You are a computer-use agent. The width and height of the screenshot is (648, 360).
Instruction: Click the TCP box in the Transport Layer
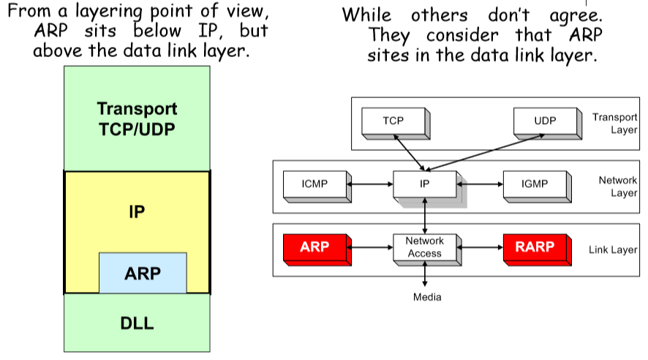(x=393, y=121)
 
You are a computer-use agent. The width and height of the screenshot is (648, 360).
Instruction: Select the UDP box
(x=545, y=121)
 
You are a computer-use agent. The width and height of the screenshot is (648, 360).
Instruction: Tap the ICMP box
(x=314, y=184)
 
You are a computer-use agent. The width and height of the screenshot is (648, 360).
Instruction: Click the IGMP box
(x=535, y=184)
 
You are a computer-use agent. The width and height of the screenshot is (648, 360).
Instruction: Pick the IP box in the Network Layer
(x=424, y=184)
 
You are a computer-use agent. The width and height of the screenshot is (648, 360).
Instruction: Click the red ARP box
(x=314, y=247)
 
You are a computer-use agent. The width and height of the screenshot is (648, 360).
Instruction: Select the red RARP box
(x=535, y=247)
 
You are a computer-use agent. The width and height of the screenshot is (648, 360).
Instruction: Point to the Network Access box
(x=424, y=247)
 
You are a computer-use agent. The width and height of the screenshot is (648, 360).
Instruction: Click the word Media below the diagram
(x=427, y=297)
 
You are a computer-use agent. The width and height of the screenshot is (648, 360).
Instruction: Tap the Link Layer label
(x=613, y=250)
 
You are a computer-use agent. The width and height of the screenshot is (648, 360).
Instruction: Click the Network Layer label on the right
(x=618, y=187)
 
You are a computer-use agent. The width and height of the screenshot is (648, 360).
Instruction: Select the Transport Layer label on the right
(x=615, y=123)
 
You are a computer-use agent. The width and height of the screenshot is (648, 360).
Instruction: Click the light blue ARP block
(x=143, y=273)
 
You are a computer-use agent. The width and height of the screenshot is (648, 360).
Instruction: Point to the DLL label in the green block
(x=137, y=323)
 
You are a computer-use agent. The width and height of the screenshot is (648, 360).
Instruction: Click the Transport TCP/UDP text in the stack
(x=137, y=119)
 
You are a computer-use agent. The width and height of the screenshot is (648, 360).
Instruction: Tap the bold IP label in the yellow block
(x=137, y=212)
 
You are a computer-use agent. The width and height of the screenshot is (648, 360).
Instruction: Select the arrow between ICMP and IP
(x=370, y=184)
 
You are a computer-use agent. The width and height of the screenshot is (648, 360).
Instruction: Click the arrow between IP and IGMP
(x=481, y=184)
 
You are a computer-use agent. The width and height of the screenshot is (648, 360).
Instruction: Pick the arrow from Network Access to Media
(x=425, y=274)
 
